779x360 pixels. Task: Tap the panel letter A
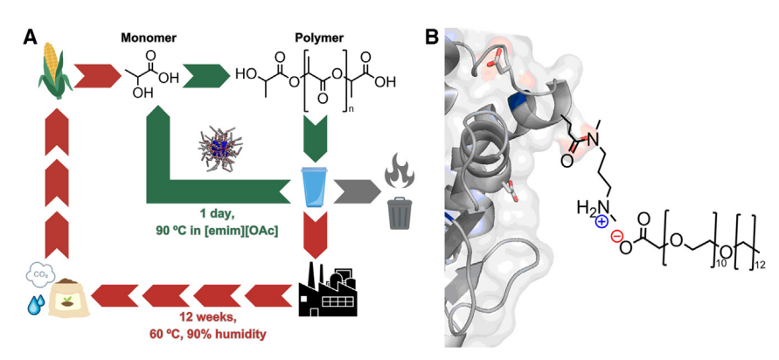pos(31,38)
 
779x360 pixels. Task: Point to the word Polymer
pos(320,38)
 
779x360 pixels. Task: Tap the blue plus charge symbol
pos(602,223)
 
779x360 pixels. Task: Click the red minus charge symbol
pos(616,237)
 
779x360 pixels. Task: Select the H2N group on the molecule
pos(590,207)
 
